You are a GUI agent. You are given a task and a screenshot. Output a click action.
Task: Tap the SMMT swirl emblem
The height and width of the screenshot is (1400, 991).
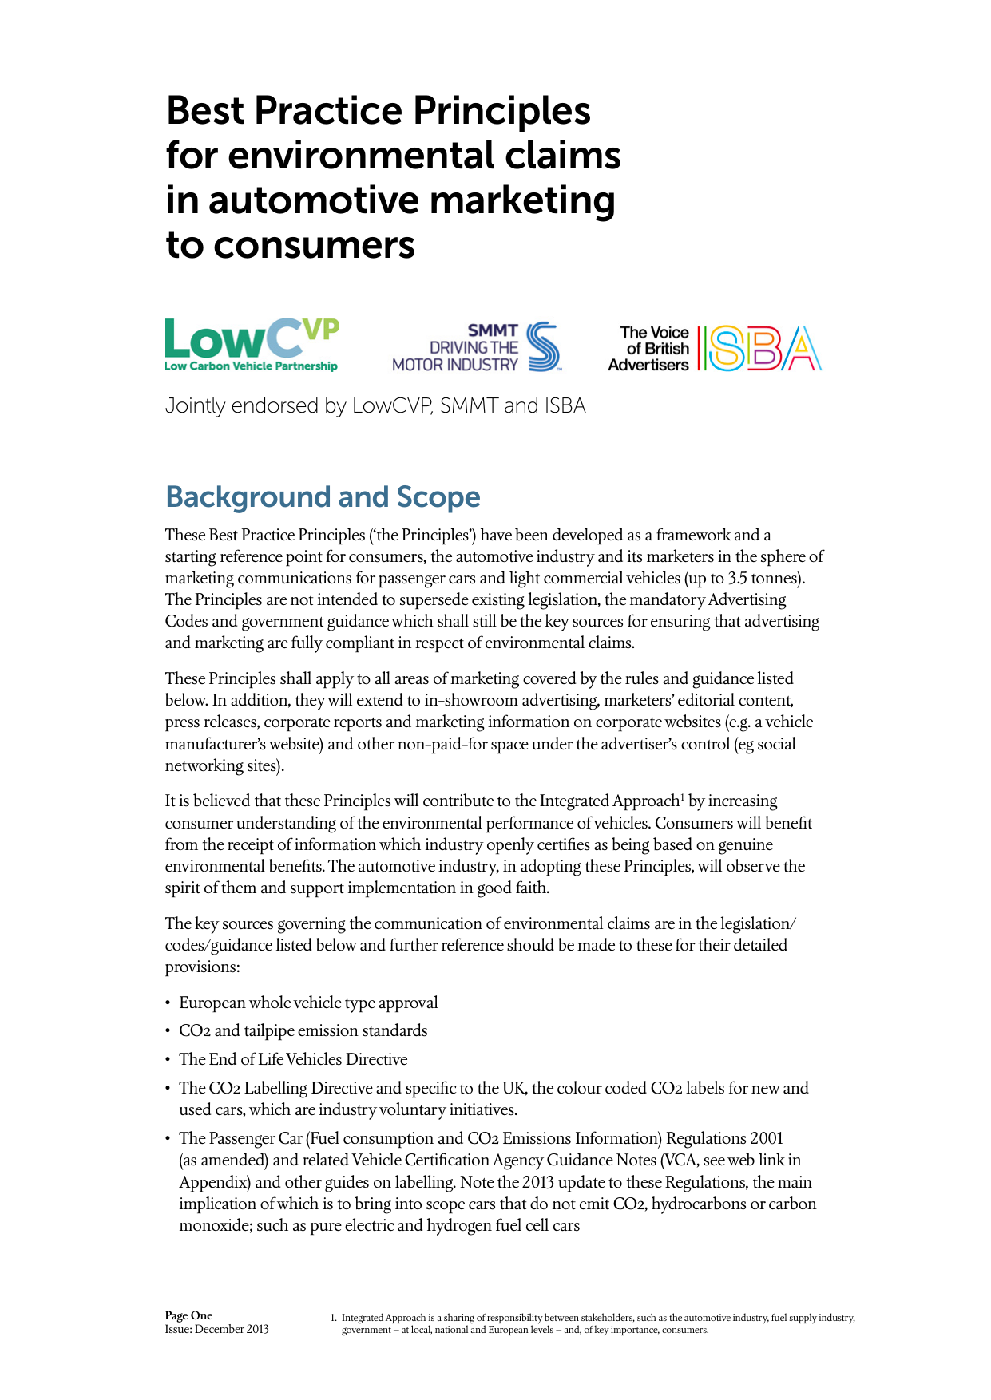(543, 346)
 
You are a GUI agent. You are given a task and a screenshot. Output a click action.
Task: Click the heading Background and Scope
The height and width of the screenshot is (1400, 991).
(323, 496)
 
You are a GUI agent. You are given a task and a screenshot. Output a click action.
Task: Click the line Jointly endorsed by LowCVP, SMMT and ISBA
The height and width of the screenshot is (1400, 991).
(375, 405)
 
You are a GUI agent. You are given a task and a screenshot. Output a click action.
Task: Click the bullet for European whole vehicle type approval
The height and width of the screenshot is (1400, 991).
(308, 1003)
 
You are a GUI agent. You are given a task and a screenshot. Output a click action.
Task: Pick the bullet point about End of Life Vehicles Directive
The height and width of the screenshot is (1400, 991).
(293, 1059)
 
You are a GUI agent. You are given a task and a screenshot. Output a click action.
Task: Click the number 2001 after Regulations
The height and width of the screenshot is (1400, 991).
(767, 1138)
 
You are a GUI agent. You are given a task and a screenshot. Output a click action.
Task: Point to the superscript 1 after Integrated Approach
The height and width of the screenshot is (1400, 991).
(681, 797)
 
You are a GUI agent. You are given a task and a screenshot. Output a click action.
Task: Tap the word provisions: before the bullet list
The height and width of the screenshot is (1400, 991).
(202, 967)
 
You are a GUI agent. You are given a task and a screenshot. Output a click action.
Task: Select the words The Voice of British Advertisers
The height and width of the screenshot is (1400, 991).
(651, 349)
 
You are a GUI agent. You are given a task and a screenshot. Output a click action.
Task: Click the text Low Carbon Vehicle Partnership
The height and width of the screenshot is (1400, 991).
(251, 366)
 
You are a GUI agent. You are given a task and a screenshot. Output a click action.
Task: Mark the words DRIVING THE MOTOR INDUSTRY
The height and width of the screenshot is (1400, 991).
(456, 356)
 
